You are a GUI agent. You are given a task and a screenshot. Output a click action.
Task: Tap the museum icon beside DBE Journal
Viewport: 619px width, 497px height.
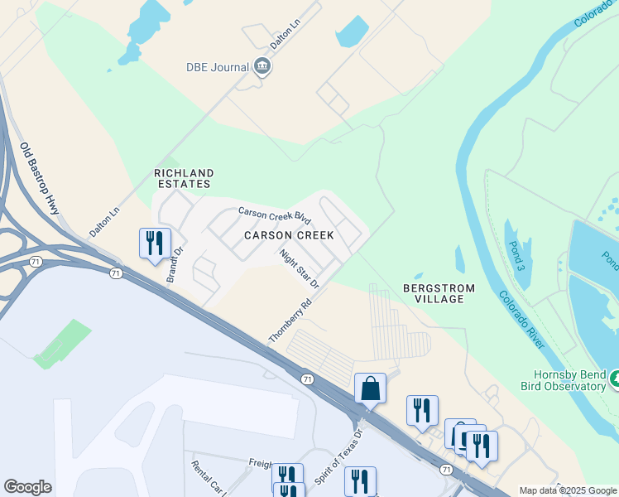pyautogui.click(x=262, y=66)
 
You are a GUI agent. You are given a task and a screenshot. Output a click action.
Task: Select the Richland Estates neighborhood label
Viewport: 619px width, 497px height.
pyautogui.click(x=184, y=179)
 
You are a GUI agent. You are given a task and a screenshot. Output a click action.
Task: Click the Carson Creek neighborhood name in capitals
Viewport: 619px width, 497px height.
pyautogui.click(x=289, y=235)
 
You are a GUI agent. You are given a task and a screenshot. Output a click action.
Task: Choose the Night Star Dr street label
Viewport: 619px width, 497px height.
pyautogui.click(x=299, y=269)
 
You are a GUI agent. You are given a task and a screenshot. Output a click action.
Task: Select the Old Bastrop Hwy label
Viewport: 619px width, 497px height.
pyautogui.click(x=41, y=179)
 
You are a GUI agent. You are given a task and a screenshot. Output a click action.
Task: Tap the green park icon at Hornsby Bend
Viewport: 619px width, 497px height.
pyautogui.click(x=614, y=379)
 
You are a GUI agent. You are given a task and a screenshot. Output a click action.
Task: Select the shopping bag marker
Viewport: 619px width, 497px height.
pyautogui.click(x=370, y=388)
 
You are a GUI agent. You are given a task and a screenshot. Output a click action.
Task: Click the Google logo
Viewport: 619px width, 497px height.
pyautogui.click(x=27, y=487)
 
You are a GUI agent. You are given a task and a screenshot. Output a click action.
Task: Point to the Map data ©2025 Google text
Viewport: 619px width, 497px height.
pyautogui.click(x=568, y=490)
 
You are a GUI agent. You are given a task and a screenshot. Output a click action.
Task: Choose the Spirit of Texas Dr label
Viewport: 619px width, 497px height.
pyautogui.click(x=339, y=457)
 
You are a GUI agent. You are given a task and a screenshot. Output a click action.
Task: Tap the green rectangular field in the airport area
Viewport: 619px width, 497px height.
pyautogui.click(x=63, y=345)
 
